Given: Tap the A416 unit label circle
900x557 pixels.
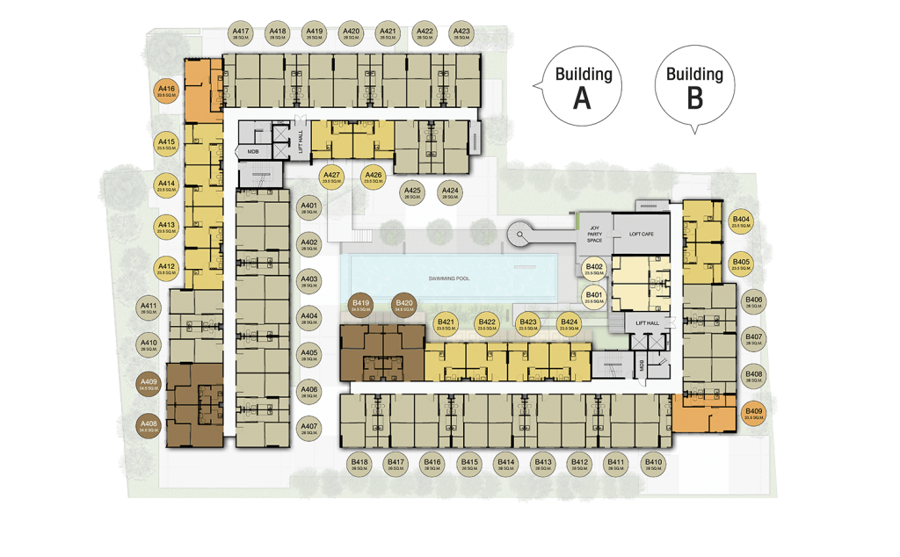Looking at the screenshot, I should pyautogui.click(x=167, y=92).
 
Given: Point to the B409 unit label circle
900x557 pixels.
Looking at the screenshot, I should pyautogui.click(x=753, y=414).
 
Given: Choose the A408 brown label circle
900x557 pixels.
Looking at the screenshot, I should pyautogui.click(x=149, y=428).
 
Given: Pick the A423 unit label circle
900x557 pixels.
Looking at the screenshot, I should pyautogui.click(x=461, y=33).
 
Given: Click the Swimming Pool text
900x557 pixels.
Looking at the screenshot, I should pyautogui.click(x=449, y=278).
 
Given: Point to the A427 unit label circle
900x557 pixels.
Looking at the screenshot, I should pyautogui.click(x=331, y=178).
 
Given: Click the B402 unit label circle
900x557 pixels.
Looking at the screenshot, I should pyautogui.click(x=594, y=270).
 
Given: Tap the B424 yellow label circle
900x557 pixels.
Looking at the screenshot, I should pyautogui.click(x=570, y=325).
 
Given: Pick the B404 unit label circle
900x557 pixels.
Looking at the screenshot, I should pyautogui.click(x=741, y=222).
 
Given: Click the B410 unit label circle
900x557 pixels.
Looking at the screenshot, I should pyautogui.click(x=653, y=465).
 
